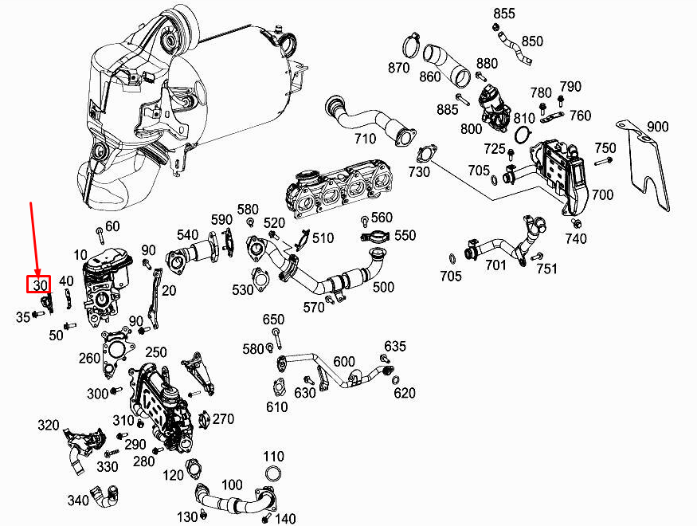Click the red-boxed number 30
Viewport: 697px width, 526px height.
(39, 285)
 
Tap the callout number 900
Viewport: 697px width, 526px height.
(657, 128)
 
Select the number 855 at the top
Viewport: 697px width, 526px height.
(504, 14)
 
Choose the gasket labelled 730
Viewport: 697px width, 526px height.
(427, 153)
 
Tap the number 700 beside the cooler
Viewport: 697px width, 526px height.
(602, 194)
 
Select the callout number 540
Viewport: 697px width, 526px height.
(188, 235)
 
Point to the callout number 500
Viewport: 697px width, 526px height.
(383, 287)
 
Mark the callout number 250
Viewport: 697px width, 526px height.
(156, 352)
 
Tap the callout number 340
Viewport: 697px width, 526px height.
(78, 500)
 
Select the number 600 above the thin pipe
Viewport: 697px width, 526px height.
(344, 361)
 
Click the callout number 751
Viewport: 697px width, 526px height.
(546, 269)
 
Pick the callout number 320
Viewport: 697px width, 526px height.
(48, 426)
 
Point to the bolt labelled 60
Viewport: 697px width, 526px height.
(100, 234)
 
